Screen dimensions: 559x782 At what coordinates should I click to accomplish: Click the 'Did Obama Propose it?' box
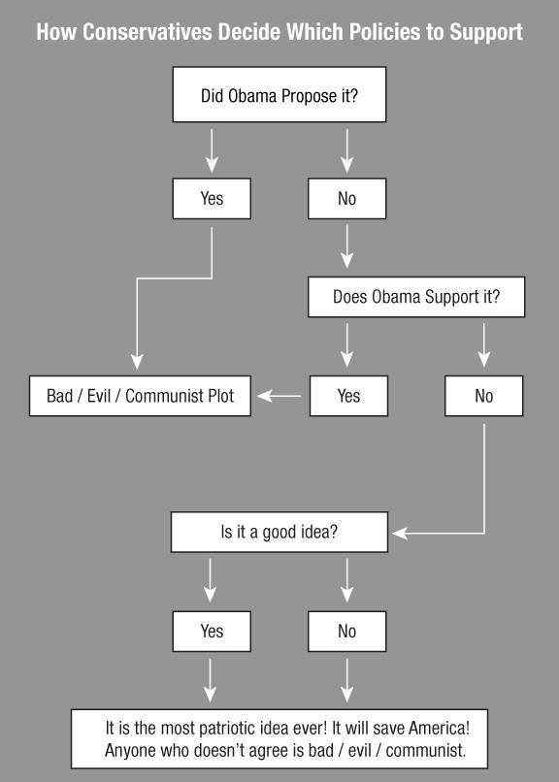pyautogui.click(x=279, y=94)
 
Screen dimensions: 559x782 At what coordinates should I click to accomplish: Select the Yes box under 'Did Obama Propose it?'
pyautogui.click(x=212, y=199)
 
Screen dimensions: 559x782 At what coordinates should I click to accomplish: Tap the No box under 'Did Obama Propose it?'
pyautogui.click(x=347, y=199)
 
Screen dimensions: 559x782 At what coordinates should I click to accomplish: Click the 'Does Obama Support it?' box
pyautogui.click(x=416, y=297)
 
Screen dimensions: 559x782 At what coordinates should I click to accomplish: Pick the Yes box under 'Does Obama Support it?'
pyautogui.click(x=348, y=396)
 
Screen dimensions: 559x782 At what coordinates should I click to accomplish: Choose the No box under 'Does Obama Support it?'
pyautogui.click(x=483, y=396)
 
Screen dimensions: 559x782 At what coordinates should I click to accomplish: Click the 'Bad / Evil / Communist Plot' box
pyautogui.click(x=140, y=396)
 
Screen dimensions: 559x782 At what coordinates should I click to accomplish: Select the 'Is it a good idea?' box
pyautogui.click(x=279, y=532)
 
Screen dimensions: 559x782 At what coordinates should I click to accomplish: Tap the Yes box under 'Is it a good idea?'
pyautogui.click(x=212, y=632)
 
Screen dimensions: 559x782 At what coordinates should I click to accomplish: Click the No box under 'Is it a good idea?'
pyautogui.click(x=347, y=632)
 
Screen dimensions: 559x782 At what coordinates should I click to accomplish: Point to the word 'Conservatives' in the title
pyautogui.click(x=148, y=32)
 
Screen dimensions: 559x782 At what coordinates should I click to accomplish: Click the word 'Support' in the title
pyautogui.click(x=486, y=33)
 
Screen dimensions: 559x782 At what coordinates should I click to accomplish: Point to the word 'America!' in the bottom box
pyautogui.click(x=439, y=728)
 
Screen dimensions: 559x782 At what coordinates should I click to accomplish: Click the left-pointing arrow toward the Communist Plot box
pyautogui.click(x=279, y=396)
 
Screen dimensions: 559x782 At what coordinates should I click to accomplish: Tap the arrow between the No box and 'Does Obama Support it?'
pyautogui.click(x=347, y=246)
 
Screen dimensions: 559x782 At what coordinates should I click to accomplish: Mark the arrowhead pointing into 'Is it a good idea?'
pyautogui.click(x=401, y=533)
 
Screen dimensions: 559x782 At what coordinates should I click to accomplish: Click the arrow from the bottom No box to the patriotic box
pyautogui.click(x=347, y=680)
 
